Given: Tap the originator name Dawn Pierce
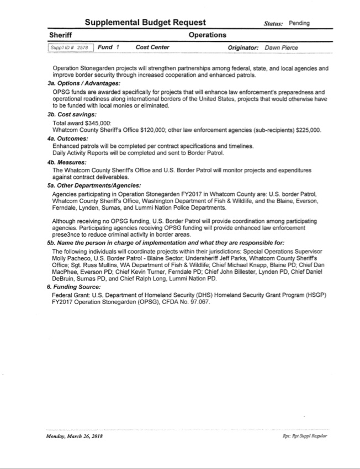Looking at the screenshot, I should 281,48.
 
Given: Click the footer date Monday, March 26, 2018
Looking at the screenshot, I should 75,436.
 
